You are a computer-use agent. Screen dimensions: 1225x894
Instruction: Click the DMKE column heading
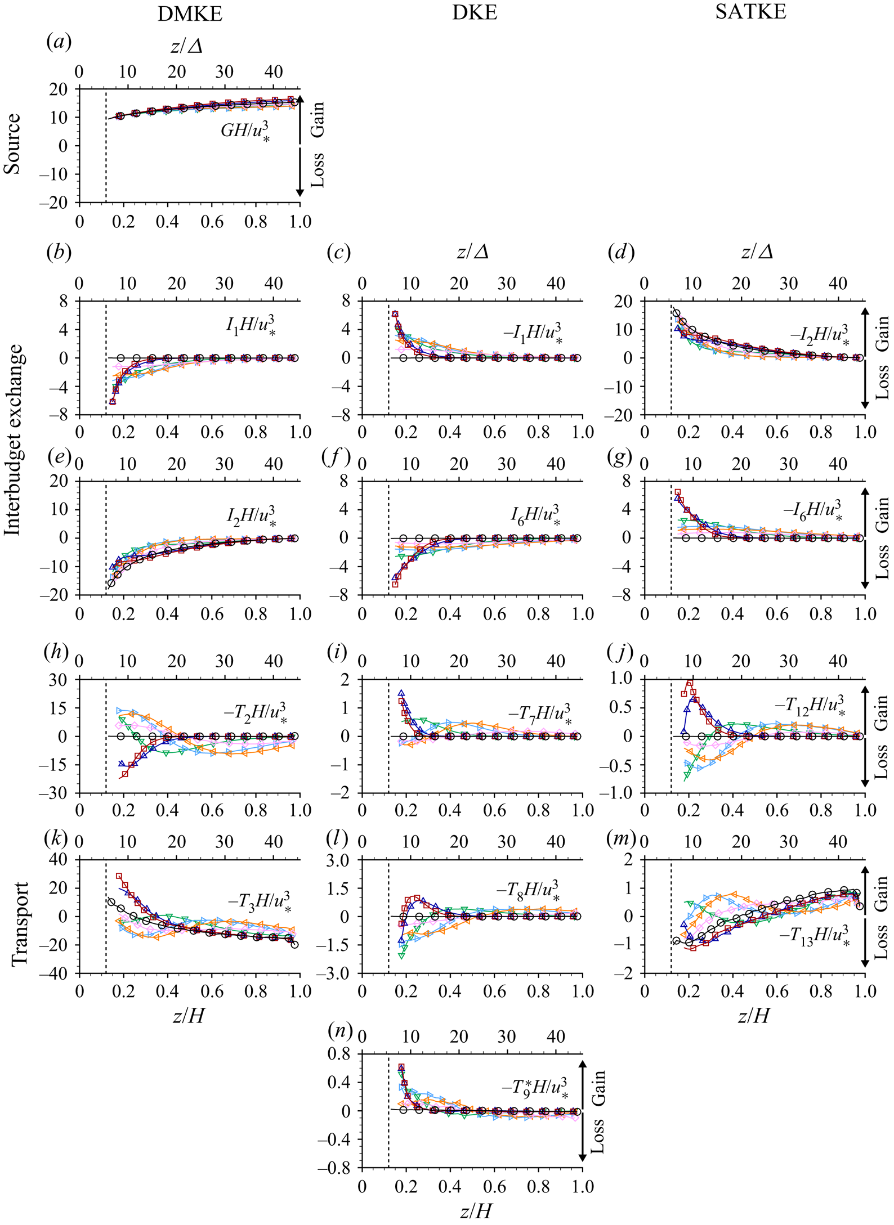tap(190, 14)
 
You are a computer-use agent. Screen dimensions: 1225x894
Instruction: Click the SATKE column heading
tap(750, 12)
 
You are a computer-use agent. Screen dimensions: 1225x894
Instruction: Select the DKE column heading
tap(475, 13)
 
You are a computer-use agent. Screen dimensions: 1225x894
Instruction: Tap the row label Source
tap(12, 144)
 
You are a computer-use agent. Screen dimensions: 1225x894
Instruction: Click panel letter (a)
tap(59, 42)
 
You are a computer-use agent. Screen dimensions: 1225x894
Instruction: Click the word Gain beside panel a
tap(318, 119)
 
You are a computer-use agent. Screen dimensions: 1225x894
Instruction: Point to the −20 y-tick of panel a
tap(55, 203)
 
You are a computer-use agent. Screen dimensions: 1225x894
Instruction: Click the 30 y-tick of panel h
tap(59, 680)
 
